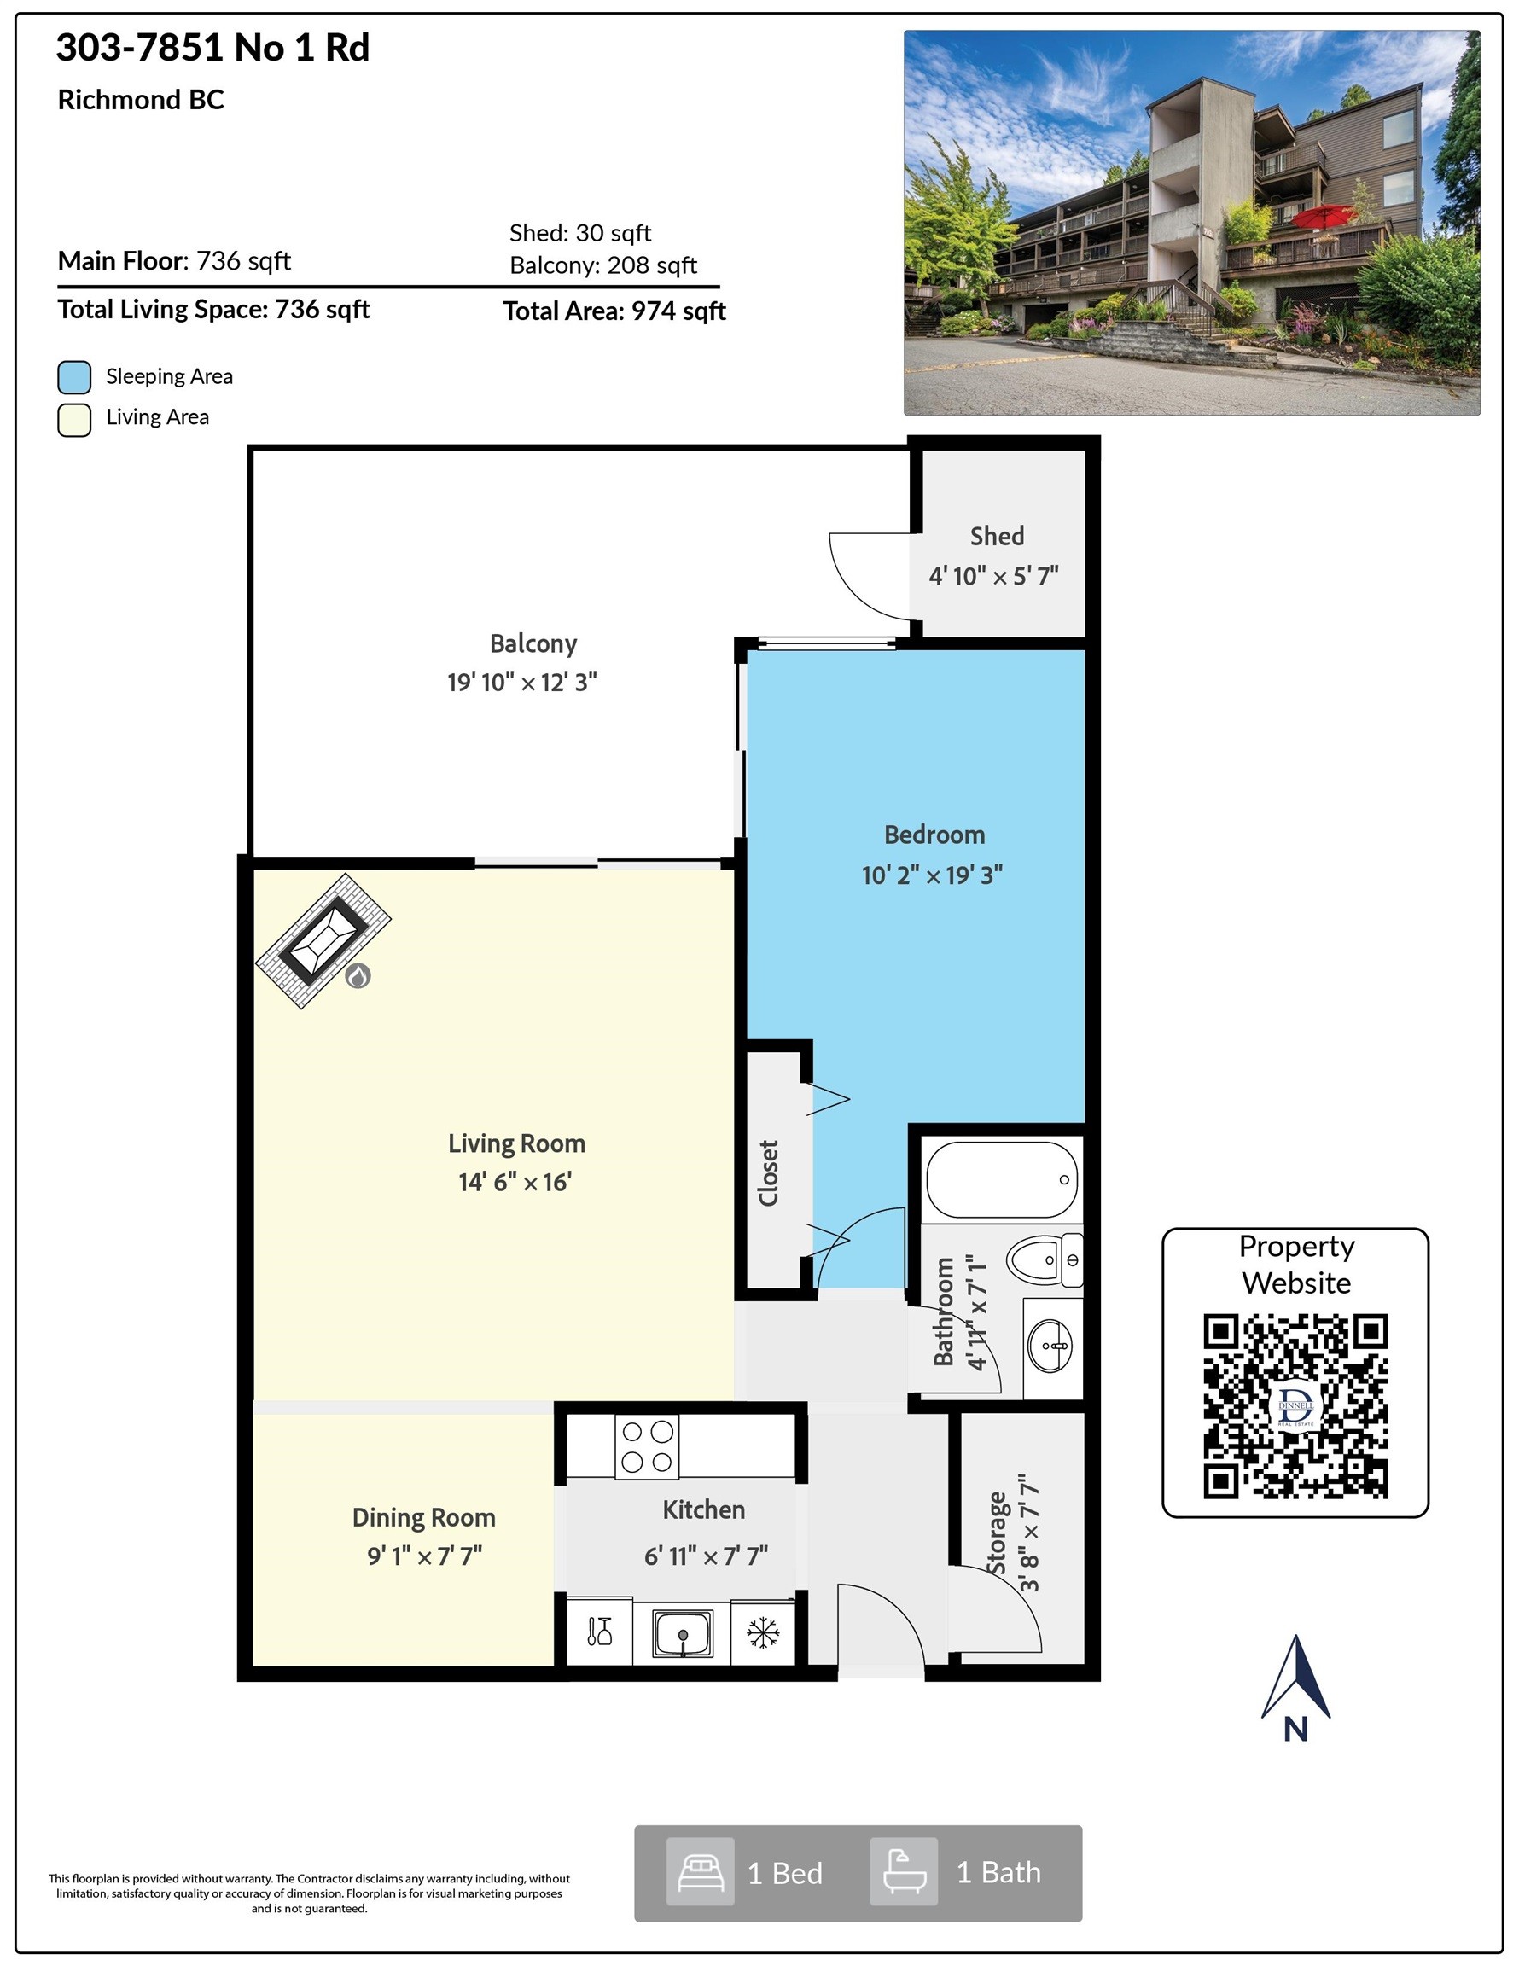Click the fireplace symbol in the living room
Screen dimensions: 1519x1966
click(323, 940)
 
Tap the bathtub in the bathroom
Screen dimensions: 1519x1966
click(1002, 1179)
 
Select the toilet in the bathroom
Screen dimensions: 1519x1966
click(1045, 1259)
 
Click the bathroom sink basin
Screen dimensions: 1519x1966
click(1050, 1346)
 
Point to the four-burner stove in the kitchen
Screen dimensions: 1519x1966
click(647, 1446)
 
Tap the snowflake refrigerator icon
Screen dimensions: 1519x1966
click(763, 1633)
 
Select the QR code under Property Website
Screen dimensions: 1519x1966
click(1295, 1406)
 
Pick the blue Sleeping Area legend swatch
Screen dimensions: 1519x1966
click(75, 377)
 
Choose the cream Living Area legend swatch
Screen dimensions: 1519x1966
click(75, 420)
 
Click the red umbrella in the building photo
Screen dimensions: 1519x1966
click(1323, 216)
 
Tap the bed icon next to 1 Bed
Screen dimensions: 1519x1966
click(700, 1873)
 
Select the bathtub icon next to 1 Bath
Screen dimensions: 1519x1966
click(904, 1873)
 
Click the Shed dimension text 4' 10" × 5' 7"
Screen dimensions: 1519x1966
click(993, 576)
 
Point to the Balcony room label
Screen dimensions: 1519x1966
click(533, 644)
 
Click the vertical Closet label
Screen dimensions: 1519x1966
click(768, 1173)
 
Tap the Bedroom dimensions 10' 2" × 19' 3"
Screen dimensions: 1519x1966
click(932, 875)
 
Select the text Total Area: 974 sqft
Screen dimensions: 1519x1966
click(614, 311)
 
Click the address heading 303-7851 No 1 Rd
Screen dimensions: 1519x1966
click(212, 48)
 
